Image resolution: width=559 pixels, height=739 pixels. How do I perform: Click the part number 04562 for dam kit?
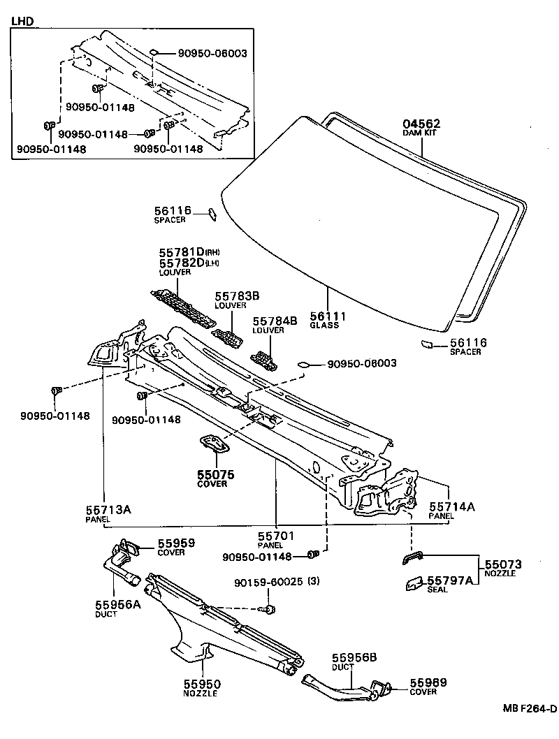pyautogui.click(x=421, y=124)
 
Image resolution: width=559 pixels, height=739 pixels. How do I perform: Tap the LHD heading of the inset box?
pyautogui.click(x=22, y=22)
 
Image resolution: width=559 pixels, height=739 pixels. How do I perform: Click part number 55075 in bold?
pyautogui.click(x=215, y=474)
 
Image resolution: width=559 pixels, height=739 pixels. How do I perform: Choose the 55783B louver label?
pyautogui.click(x=237, y=296)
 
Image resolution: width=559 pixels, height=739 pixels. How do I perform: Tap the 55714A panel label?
pyautogui.click(x=451, y=506)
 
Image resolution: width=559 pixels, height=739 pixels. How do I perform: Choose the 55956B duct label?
pyautogui.click(x=354, y=657)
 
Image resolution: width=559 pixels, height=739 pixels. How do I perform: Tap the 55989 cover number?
pyautogui.click(x=428, y=682)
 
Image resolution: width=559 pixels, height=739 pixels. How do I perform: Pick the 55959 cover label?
pyautogui.click(x=175, y=543)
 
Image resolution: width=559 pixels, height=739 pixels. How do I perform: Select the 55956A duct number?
pyautogui.click(x=118, y=604)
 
